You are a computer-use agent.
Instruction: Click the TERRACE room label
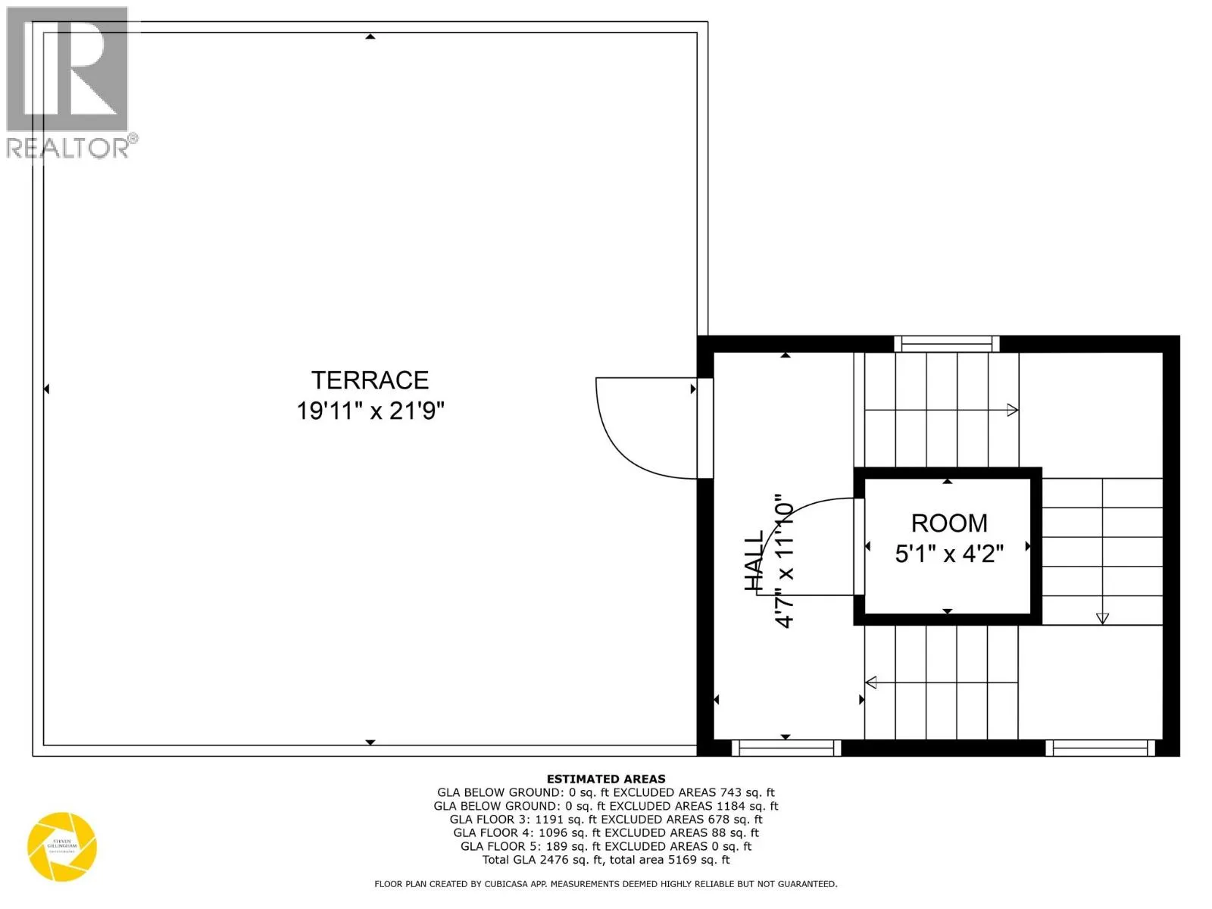coord(370,380)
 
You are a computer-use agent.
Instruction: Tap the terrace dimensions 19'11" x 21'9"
coord(370,411)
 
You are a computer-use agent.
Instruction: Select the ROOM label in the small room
coord(948,523)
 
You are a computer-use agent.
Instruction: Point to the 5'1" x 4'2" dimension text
coord(948,554)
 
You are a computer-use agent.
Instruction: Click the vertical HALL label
coord(754,561)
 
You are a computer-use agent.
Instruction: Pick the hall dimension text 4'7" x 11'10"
coord(784,561)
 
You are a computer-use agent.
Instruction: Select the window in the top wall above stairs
coord(947,344)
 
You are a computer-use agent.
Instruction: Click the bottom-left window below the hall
coord(786,748)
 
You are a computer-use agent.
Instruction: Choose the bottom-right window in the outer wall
coord(1100,748)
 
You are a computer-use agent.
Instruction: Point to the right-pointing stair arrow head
coord(1012,410)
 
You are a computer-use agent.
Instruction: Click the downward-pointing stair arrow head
coord(1102,618)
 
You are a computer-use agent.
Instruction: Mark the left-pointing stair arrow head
coord(871,683)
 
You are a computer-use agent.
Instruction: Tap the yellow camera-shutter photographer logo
coord(62,847)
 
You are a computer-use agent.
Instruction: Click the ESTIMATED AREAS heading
coord(606,779)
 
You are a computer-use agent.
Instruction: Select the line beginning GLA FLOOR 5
coord(606,846)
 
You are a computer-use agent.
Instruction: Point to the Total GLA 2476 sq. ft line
coord(606,860)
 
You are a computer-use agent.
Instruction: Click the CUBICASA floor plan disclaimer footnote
coord(606,884)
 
